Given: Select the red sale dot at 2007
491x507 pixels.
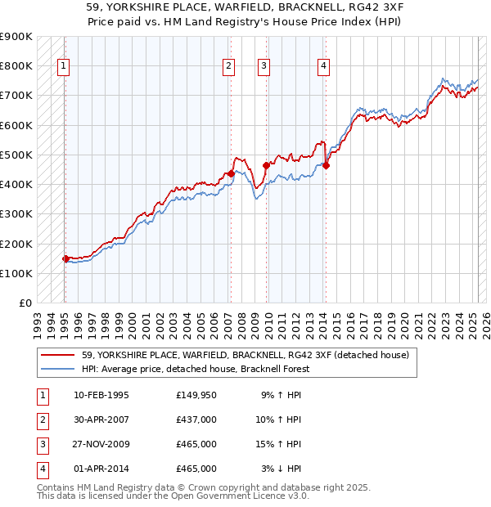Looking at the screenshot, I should click(231, 173).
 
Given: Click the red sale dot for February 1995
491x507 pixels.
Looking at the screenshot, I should click(65, 258).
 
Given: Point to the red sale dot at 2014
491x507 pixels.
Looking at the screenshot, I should click(326, 165).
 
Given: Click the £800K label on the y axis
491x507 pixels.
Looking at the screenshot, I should click(16, 65).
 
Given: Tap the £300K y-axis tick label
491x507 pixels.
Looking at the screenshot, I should click(16, 213).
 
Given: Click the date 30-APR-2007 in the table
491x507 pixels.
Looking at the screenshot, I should click(101, 420).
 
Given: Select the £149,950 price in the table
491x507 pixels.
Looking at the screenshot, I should click(196, 395).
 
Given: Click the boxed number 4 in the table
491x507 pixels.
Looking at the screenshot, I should click(40, 469).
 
